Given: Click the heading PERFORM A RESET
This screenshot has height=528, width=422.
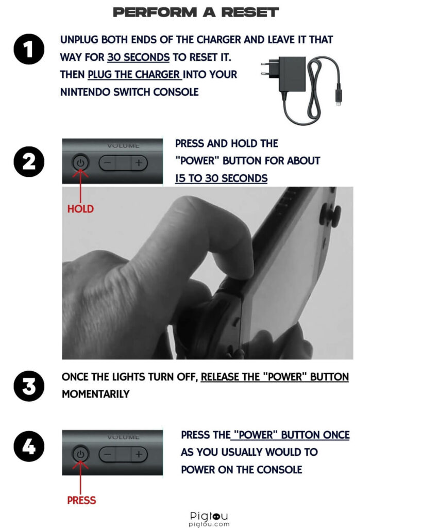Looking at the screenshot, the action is pyautogui.click(x=195, y=12).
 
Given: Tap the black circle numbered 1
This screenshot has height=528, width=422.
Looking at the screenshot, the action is pyautogui.click(x=29, y=49).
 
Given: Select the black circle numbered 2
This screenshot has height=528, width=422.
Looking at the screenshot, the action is pyautogui.click(x=29, y=161).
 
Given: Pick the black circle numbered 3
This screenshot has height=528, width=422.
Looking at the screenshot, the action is pyautogui.click(x=29, y=386).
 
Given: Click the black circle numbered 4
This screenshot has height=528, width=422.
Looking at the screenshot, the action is pyautogui.click(x=29, y=446).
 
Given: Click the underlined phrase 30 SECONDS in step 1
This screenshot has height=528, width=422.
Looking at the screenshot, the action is pyautogui.click(x=138, y=57).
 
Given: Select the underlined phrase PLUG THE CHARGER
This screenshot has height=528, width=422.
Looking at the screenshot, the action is pyautogui.click(x=134, y=74).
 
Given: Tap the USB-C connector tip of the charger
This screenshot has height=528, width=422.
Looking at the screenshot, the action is pyautogui.click(x=338, y=100).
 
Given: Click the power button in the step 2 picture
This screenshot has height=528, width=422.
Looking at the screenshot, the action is pyautogui.click(x=80, y=163).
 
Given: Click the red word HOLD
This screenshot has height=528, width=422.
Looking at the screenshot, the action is pyautogui.click(x=80, y=209).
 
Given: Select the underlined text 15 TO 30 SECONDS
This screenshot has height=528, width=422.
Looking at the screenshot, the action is pyautogui.click(x=221, y=178).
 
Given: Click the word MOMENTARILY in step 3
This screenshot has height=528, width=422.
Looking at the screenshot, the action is pyautogui.click(x=96, y=394).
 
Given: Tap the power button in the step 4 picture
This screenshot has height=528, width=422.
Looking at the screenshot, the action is pyautogui.click(x=80, y=454).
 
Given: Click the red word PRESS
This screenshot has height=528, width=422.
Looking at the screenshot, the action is pyautogui.click(x=81, y=500).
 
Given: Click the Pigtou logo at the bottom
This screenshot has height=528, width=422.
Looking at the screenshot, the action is pyautogui.click(x=209, y=519).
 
